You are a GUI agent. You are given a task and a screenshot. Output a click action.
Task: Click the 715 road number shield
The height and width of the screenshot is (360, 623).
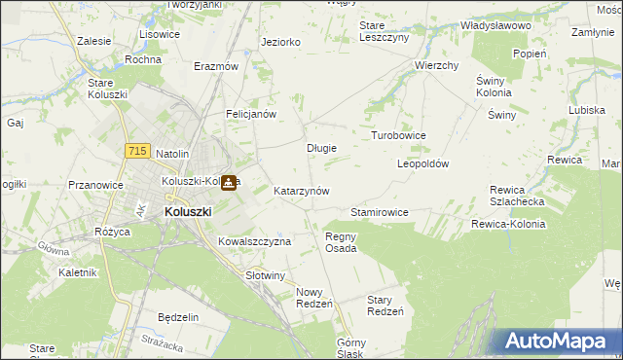pos(137,151)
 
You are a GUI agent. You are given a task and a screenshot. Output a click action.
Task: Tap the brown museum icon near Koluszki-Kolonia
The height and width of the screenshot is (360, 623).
pos(228,182)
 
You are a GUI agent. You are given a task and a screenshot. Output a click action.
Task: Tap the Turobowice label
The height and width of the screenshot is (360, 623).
pos(398,135)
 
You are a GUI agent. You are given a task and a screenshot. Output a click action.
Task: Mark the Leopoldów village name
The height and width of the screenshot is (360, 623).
pos(422,164)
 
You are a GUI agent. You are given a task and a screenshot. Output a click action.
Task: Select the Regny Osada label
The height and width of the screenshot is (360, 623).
pos(341,241)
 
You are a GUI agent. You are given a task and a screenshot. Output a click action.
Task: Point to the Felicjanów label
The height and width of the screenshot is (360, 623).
pos(252,114)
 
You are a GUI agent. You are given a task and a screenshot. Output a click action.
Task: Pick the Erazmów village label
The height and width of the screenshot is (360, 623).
pos(216,66)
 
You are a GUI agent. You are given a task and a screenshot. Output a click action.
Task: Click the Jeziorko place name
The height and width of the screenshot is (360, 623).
pos(280,42)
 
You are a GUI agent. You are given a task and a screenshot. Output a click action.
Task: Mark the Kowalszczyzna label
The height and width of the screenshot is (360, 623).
pos(254,240)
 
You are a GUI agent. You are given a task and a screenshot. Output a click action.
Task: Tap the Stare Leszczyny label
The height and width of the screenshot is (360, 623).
pos(385,30)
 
